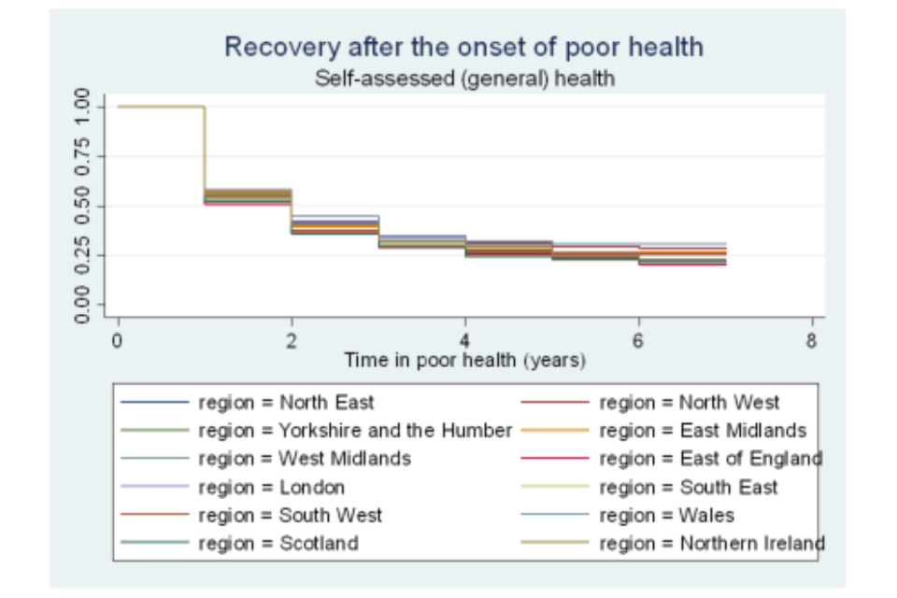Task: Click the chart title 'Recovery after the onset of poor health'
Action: (463, 47)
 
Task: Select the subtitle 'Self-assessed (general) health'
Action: (464, 78)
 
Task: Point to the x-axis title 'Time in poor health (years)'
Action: (464, 360)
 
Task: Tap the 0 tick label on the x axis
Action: (118, 341)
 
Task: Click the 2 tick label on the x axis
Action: (292, 341)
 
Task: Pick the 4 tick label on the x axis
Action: (464, 341)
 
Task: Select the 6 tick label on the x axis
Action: (638, 341)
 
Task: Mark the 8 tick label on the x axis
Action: (811, 341)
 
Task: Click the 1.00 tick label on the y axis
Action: (82, 107)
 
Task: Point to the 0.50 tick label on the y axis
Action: (82, 206)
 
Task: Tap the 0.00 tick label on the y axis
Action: (82, 305)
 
